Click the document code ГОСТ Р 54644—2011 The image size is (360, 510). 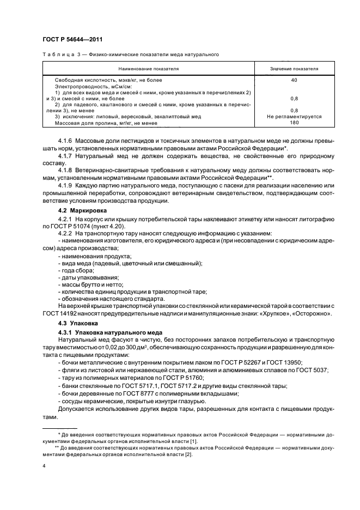72,39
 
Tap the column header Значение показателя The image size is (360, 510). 294,69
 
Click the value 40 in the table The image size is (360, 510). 294,80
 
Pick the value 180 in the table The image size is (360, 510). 294,123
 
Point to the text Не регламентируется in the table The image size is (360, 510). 294,117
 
